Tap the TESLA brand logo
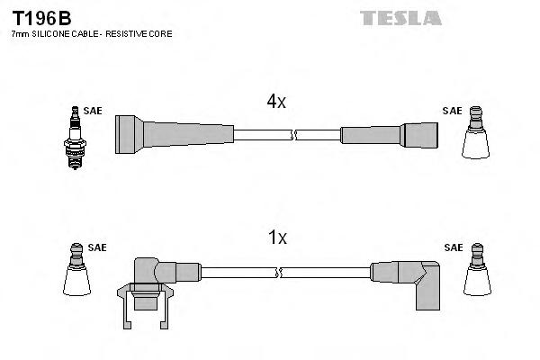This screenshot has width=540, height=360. (x=400, y=18)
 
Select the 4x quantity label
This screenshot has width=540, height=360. (x=275, y=103)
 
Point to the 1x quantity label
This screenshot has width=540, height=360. (x=277, y=238)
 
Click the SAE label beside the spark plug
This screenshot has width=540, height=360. (x=93, y=111)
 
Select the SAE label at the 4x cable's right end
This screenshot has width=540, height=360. (x=452, y=111)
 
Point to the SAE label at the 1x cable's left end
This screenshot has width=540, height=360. (x=96, y=247)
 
